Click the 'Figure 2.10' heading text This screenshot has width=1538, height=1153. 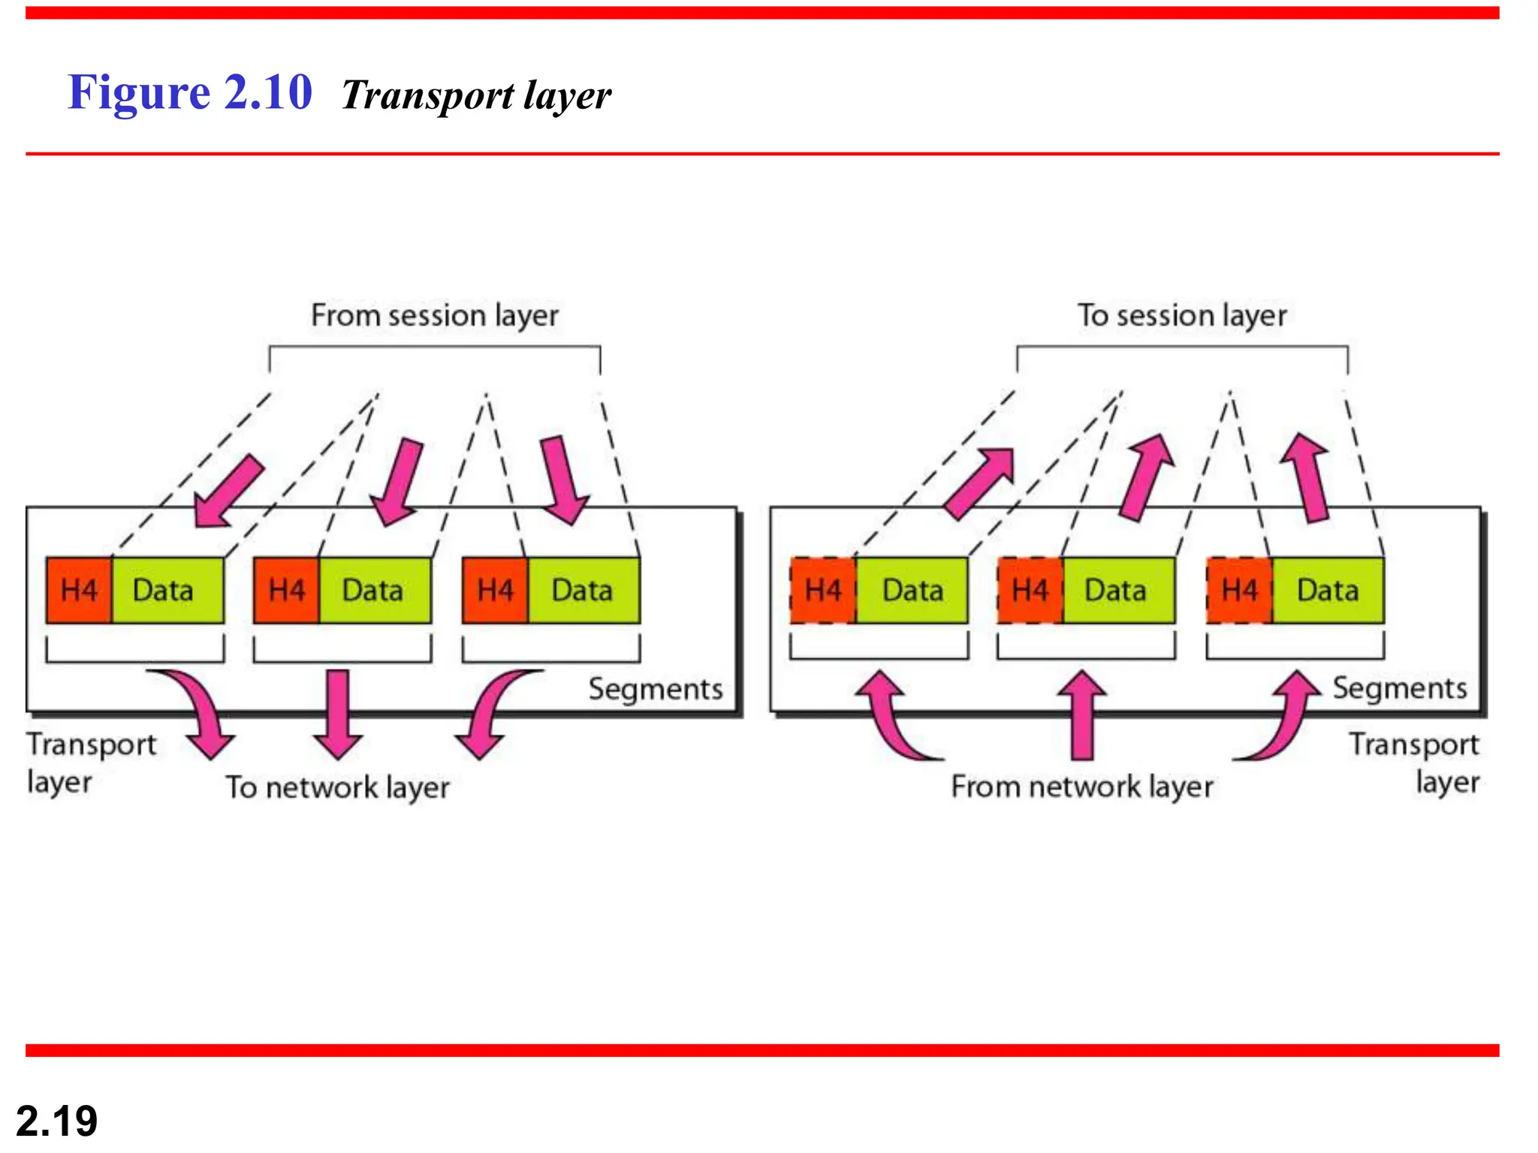189,92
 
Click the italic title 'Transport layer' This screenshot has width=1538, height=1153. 476,96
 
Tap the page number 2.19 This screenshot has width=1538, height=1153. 56,1121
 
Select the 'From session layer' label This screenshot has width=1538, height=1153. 435,315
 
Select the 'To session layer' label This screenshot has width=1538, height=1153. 1182,315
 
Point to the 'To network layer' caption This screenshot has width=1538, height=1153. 338,787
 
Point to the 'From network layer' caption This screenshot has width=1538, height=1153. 1081,787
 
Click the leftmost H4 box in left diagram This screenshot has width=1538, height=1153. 79,591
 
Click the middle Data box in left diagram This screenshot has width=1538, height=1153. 374,591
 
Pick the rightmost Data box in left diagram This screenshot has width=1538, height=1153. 584,591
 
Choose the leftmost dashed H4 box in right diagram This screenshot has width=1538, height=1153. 823,591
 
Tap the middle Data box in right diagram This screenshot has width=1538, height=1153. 1117,591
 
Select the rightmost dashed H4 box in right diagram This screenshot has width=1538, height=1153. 1239,591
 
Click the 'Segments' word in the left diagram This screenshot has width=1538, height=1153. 655,689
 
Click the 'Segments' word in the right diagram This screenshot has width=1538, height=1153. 1399,688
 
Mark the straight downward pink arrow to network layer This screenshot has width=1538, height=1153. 338,713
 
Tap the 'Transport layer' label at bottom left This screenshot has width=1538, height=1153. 90,763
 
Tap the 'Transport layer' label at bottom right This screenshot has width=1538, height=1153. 1415,763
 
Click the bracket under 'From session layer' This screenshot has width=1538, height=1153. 435,348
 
